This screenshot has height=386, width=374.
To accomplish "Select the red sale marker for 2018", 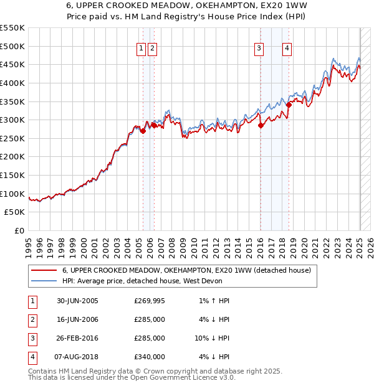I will pos(289,105).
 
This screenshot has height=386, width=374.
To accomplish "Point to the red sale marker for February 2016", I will pos(261,125).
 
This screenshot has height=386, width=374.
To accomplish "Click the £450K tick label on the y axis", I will pos(12,64).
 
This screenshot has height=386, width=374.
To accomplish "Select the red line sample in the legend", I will pos(44,270).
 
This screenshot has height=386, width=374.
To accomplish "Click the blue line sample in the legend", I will pos(44,281).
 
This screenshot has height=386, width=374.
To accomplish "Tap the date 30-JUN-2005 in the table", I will pos(77,301).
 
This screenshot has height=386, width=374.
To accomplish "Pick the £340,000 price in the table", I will pos(150,357).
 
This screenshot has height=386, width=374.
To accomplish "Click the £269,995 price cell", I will pos(150,301).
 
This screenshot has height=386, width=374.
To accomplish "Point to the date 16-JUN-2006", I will pos(77,319).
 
